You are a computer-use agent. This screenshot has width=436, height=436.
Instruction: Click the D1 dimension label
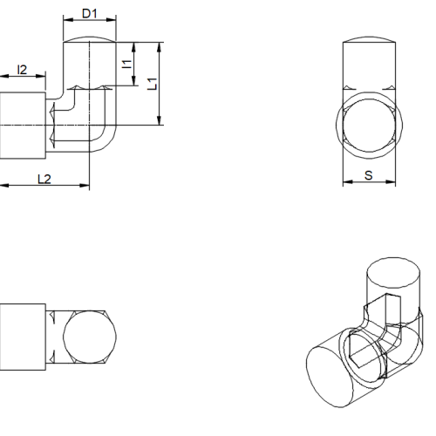pos(89,13)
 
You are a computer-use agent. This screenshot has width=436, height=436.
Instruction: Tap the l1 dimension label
pos(126,64)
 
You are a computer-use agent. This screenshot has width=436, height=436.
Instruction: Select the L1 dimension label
pos(152,84)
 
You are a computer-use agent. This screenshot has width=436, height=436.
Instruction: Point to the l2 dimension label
pos(22,70)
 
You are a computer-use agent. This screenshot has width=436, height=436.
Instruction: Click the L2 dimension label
pos(44,179)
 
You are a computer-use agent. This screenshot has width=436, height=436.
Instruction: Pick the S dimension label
pos(369,175)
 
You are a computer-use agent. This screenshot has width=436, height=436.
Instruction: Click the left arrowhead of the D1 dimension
pos(68,20)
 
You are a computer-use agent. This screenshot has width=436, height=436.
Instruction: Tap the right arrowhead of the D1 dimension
pos(111,20)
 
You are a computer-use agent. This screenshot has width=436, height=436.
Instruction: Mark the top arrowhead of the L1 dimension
pos(159,47)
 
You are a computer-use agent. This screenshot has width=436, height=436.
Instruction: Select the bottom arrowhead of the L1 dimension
pos(159,120)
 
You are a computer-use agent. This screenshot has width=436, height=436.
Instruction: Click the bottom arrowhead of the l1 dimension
pos(133,81)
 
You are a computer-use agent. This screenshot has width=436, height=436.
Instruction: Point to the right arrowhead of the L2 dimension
pos(85,185)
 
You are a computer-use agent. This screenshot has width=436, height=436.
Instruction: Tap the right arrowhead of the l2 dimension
pos(41,76)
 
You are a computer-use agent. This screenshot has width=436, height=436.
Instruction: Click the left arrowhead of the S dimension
pos(348,182)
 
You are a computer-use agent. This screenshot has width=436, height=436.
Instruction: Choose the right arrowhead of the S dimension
pos(391,182)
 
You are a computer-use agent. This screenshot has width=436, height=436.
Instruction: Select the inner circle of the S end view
pos(369,99)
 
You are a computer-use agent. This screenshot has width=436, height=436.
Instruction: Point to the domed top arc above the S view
pos(369,37)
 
